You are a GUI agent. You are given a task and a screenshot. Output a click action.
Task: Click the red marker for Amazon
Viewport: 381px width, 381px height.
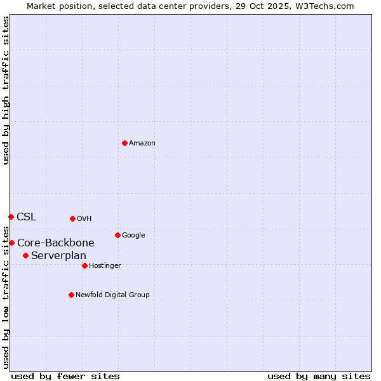pyautogui.click(x=124, y=143)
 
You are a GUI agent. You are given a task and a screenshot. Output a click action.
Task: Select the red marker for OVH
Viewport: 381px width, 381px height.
pyautogui.click(x=72, y=218)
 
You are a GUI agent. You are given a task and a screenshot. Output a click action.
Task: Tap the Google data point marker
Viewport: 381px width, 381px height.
pyautogui.click(x=117, y=235)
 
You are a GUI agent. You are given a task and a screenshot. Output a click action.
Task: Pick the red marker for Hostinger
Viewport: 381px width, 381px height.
pyautogui.click(x=84, y=265)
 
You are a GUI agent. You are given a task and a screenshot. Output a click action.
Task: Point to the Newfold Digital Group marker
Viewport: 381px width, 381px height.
pyautogui.click(x=71, y=295)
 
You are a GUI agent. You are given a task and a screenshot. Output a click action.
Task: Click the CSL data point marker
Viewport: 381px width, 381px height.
pyautogui.click(x=11, y=217)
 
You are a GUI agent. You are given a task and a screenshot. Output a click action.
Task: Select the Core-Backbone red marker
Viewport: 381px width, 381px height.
pyautogui.click(x=11, y=243)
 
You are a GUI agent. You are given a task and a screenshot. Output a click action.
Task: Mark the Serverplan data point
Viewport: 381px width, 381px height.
pyautogui.click(x=25, y=255)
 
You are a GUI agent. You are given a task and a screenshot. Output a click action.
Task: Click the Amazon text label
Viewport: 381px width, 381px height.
pyautogui.click(x=142, y=144)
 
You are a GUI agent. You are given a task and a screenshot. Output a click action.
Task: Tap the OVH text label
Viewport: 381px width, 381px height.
pyautogui.click(x=84, y=219)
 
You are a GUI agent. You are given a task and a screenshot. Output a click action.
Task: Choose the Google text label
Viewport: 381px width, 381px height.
pyautogui.click(x=133, y=236)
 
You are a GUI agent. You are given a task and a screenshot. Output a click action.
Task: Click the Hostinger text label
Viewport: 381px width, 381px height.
pyautogui.click(x=105, y=266)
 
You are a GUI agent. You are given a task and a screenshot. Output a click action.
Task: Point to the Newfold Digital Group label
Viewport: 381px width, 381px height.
pyautogui.click(x=112, y=295)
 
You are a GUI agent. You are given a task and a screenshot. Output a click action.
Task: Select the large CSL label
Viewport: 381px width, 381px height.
pyautogui.click(x=27, y=217)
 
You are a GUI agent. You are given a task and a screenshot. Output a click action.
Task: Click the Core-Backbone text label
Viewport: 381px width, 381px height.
pyautogui.click(x=56, y=243)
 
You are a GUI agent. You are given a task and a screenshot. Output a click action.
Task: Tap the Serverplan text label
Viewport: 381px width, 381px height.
pyautogui.click(x=58, y=256)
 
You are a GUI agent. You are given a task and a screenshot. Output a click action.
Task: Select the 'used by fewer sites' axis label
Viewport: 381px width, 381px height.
pyautogui.click(x=65, y=376)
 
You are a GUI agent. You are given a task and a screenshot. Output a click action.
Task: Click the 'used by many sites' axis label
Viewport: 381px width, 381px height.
pyautogui.click(x=319, y=376)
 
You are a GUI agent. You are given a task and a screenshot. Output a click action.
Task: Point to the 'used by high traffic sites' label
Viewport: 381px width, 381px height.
pyautogui.click(x=6, y=90)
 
